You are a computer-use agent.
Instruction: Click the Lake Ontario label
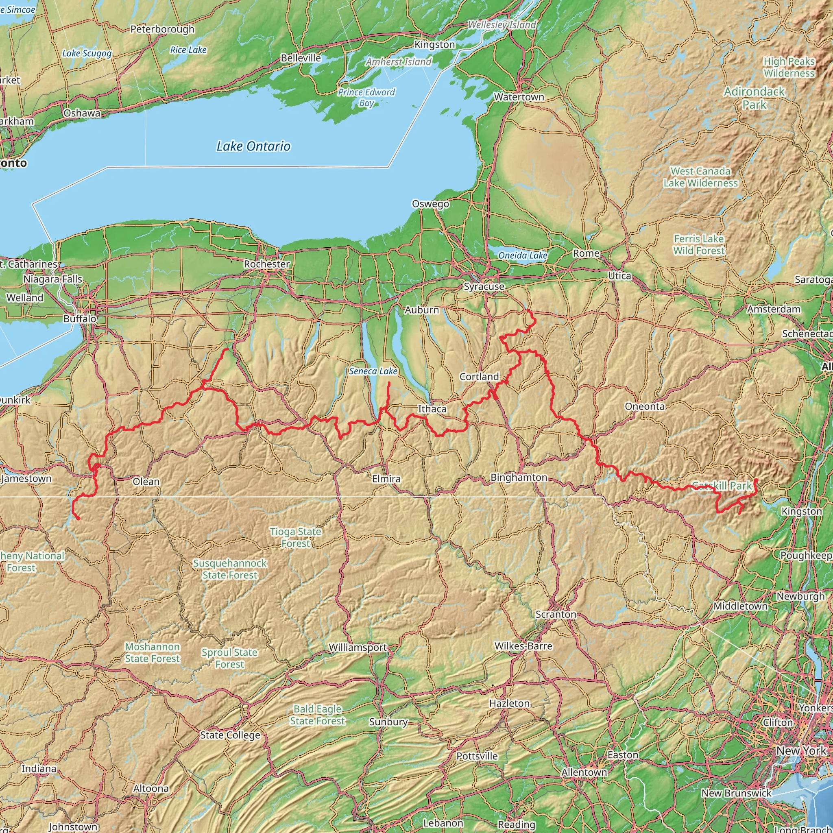(253, 146)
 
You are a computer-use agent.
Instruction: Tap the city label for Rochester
(266, 264)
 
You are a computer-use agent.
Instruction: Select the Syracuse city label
(484, 286)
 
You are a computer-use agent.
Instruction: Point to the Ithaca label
(432, 409)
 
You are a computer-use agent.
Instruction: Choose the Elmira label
(386, 479)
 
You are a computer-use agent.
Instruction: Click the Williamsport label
(358, 647)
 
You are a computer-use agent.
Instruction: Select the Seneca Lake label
(373, 371)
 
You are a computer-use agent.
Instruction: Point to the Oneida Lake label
(523, 255)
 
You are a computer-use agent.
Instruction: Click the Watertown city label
(519, 97)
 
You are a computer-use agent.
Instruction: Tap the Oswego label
(430, 203)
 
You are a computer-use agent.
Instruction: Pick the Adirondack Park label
(754, 98)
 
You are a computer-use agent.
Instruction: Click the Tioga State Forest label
(295, 537)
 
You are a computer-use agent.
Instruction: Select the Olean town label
(146, 481)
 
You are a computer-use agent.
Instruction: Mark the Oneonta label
(645, 406)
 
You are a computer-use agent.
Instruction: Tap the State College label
(230, 735)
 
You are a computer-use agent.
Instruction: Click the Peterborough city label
(162, 29)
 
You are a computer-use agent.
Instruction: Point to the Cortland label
(479, 376)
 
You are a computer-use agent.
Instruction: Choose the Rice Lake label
(188, 50)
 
